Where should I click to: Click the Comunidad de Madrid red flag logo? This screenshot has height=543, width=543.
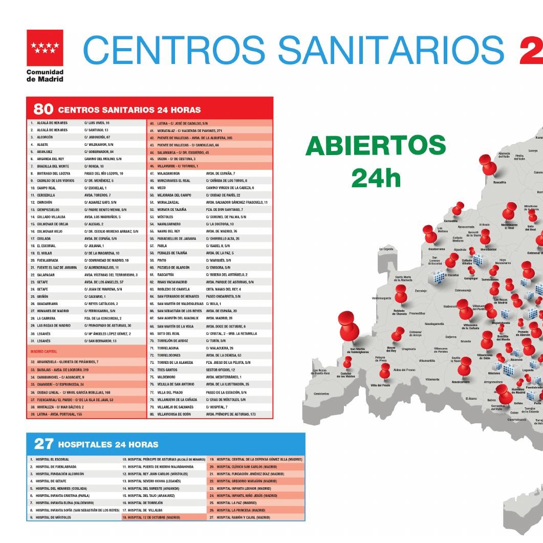click(45, 48)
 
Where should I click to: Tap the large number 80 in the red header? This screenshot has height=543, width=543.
click(44, 109)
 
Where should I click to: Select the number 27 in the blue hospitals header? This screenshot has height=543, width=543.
click(44, 444)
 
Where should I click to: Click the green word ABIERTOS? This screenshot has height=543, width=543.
click(376, 147)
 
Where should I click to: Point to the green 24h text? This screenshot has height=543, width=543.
click(376, 178)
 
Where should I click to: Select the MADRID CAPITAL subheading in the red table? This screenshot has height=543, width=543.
click(44, 352)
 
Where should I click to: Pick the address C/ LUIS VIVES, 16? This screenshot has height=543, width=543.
click(97, 123)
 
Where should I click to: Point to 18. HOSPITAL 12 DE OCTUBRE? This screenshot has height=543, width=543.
click(151, 517)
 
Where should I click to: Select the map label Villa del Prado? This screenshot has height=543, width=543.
click(380, 385)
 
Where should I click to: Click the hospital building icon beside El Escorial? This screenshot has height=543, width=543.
click(439, 277)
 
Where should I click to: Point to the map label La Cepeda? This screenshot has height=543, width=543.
click(386, 249)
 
